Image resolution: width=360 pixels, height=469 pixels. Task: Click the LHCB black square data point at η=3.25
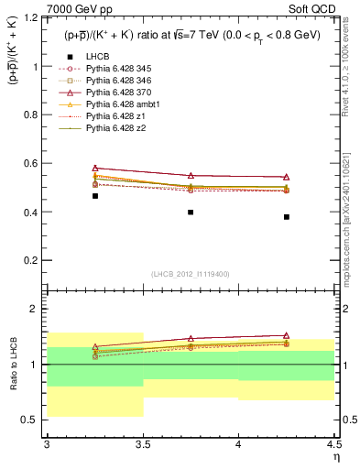94,196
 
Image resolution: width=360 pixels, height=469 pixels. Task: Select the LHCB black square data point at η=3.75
191,212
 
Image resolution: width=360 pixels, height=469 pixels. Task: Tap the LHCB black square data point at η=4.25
287,217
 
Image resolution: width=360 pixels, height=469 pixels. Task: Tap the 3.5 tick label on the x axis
143,445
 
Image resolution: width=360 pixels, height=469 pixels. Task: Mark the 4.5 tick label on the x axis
334,445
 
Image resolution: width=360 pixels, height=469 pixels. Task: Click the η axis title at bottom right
336,457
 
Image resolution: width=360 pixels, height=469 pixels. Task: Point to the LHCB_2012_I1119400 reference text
191,274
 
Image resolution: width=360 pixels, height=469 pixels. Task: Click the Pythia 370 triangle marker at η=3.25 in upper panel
94,169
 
